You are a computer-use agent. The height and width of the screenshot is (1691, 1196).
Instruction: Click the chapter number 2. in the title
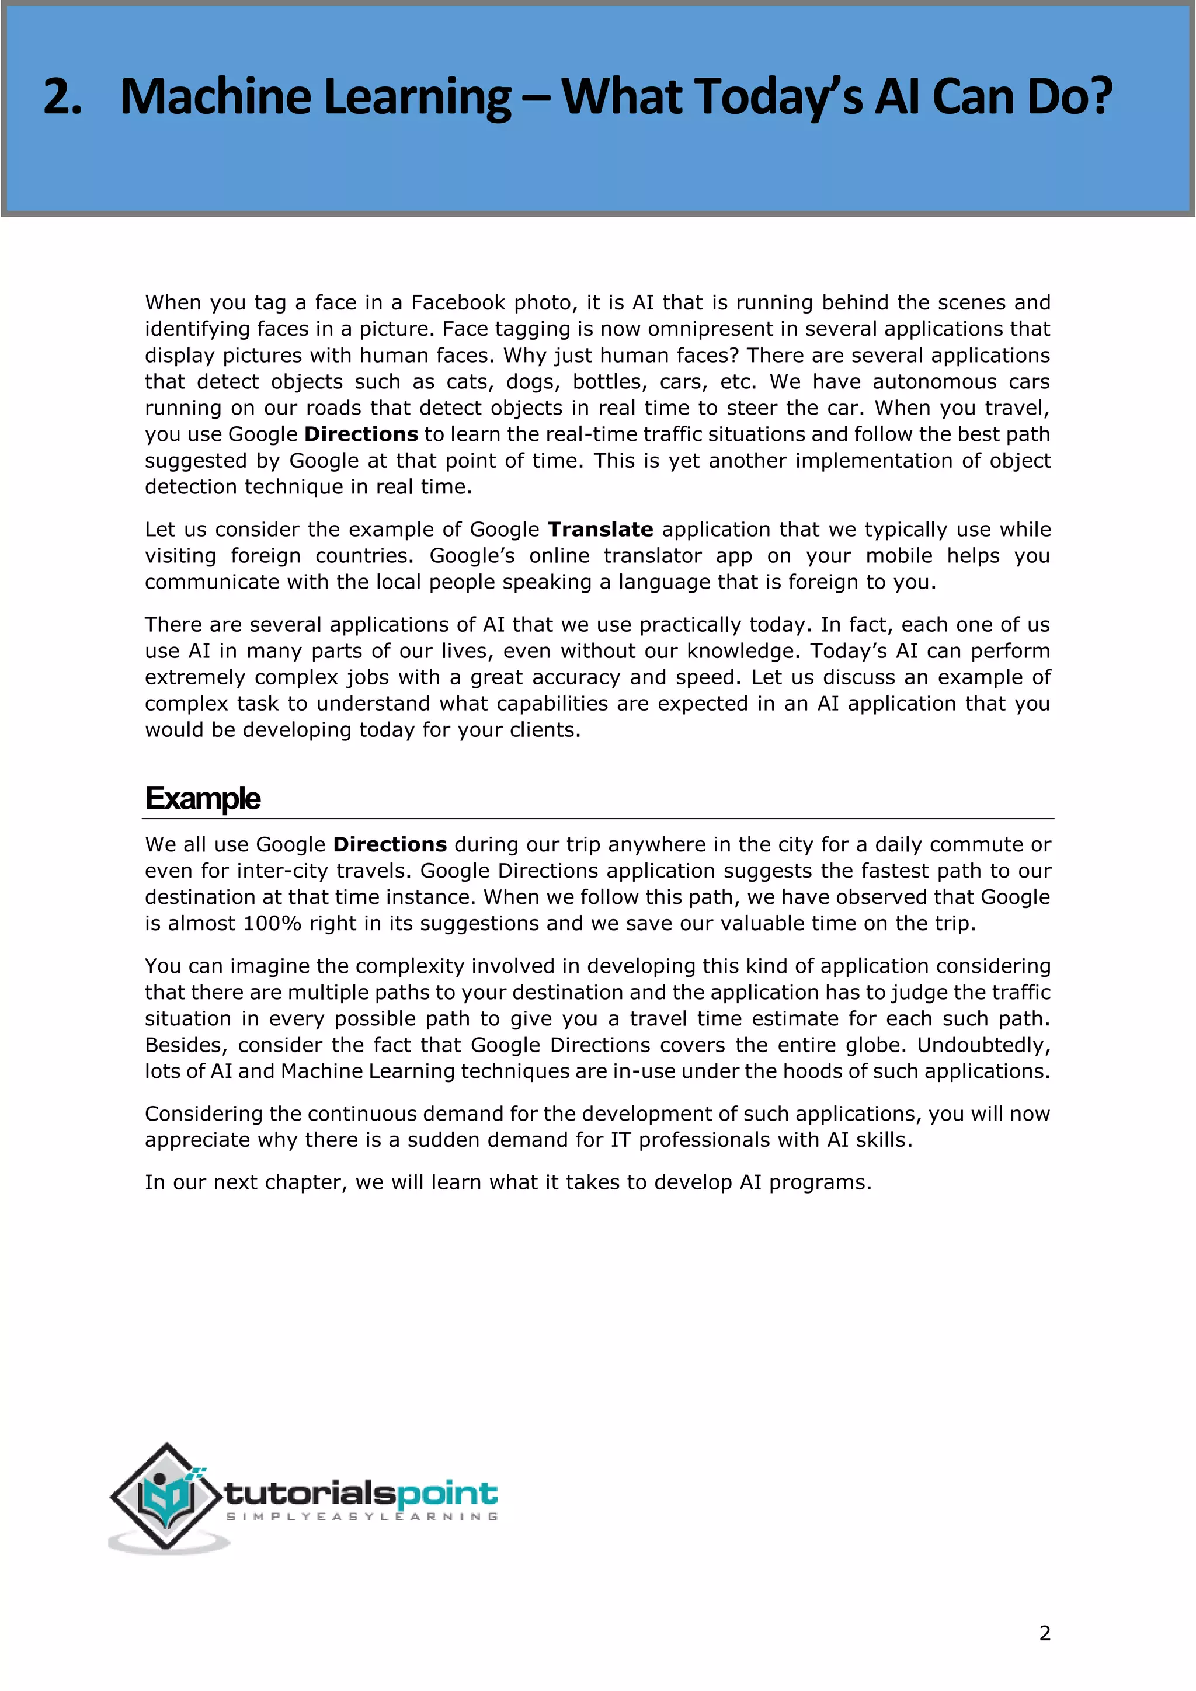tap(62, 96)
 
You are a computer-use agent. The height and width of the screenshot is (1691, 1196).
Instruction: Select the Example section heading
tap(203, 798)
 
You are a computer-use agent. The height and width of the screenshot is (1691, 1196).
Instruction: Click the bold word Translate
tap(600, 530)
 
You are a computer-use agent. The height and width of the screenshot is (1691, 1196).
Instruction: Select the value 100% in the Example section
tap(272, 924)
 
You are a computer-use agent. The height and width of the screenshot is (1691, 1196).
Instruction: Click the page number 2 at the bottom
tap(1044, 1634)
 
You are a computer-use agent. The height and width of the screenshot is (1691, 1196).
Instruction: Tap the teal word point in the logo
tap(447, 1494)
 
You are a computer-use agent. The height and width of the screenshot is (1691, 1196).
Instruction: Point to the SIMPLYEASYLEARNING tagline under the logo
tap(361, 1516)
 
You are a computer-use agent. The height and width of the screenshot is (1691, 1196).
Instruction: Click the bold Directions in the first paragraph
tap(361, 434)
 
